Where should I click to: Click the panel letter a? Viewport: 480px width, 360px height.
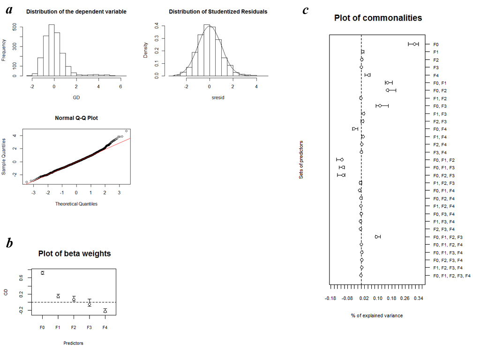(x=8, y=10)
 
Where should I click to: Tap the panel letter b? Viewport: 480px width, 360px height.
(x=9, y=243)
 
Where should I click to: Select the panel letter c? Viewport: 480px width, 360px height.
(x=305, y=10)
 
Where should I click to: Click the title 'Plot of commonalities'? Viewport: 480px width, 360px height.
(x=378, y=18)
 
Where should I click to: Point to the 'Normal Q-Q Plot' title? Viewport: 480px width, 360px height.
(x=76, y=118)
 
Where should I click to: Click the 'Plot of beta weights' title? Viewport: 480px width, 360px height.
(x=75, y=254)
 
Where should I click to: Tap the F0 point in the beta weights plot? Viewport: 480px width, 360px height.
(x=42, y=273)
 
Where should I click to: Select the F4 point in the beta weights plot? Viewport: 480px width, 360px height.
(x=105, y=311)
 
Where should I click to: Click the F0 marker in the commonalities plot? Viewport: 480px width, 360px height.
(x=414, y=44)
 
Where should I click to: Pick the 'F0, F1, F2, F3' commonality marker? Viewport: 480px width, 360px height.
(x=376, y=237)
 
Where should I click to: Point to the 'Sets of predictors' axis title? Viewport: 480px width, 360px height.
(x=301, y=159)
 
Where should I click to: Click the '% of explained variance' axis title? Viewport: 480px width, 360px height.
(x=376, y=315)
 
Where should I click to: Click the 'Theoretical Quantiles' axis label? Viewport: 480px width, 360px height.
(x=76, y=203)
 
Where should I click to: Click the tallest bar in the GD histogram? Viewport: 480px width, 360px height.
(x=52, y=50)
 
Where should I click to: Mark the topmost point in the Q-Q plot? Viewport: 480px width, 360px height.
(x=126, y=131)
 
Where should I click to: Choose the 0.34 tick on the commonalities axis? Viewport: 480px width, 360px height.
(x=419, y=298)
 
